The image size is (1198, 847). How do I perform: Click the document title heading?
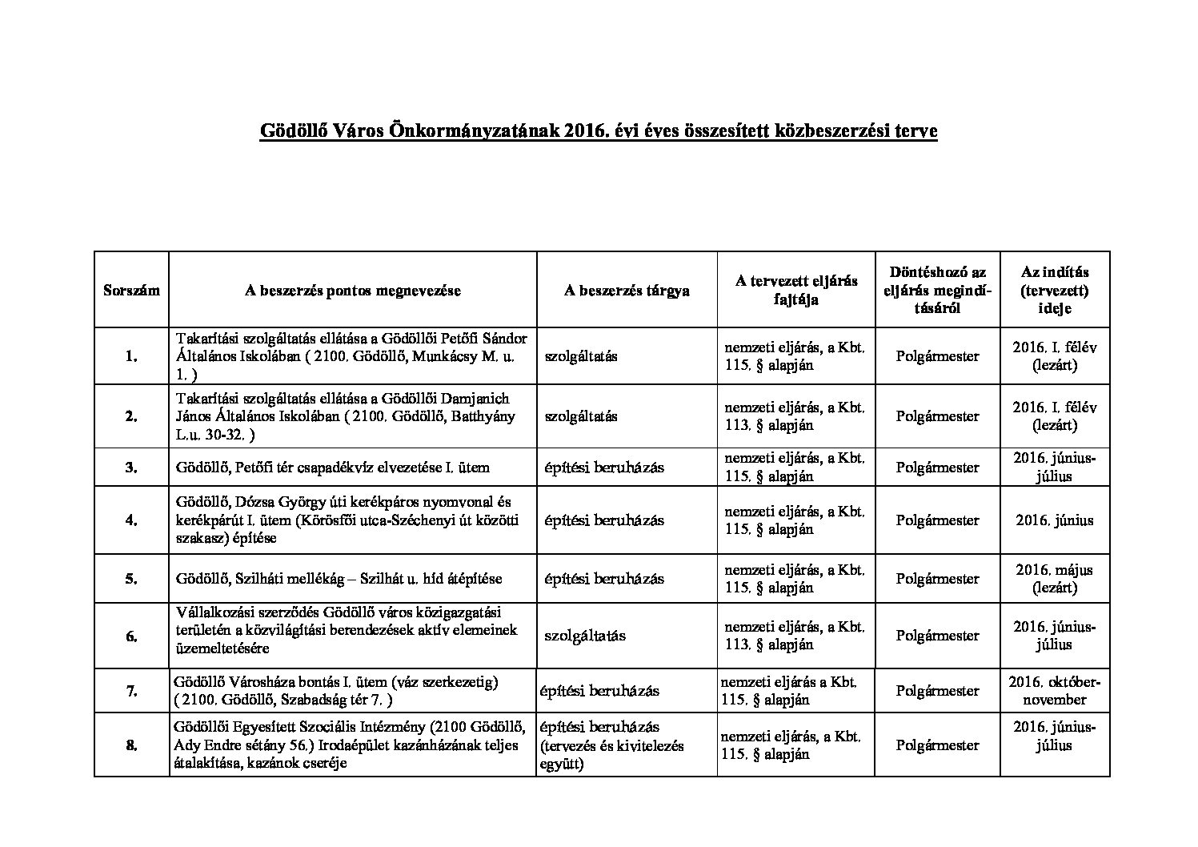tap(598, 131)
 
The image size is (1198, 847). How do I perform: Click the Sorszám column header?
tap(131, 291)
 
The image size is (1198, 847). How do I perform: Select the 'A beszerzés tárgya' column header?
tap(627, 291)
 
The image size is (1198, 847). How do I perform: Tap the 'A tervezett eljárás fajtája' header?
tap(795, 290)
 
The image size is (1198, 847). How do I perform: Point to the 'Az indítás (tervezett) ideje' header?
tap(1054, 290)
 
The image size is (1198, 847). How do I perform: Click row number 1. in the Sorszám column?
tap(131, 357)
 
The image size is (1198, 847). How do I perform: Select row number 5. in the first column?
tap(131, 579)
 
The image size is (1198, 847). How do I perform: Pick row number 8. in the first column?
tap(131, 745)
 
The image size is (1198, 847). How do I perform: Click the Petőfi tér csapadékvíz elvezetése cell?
tap(332, 468)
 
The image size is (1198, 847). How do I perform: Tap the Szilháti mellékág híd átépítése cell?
tap(339, 579)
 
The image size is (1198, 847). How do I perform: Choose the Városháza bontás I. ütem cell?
tap(335, 691)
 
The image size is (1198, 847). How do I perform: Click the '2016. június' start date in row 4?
tap(1054, 520)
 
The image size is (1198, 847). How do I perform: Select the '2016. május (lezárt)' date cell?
tap(1054, 579)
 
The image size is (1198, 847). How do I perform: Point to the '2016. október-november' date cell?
tap(1054, 691)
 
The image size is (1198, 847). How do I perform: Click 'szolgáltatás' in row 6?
tap(585, 636)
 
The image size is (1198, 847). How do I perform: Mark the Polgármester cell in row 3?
tap(937, 468)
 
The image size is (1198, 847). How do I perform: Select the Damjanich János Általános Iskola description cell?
tap(346, 416)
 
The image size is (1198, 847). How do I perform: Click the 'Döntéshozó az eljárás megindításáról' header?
tap(937, 290)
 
